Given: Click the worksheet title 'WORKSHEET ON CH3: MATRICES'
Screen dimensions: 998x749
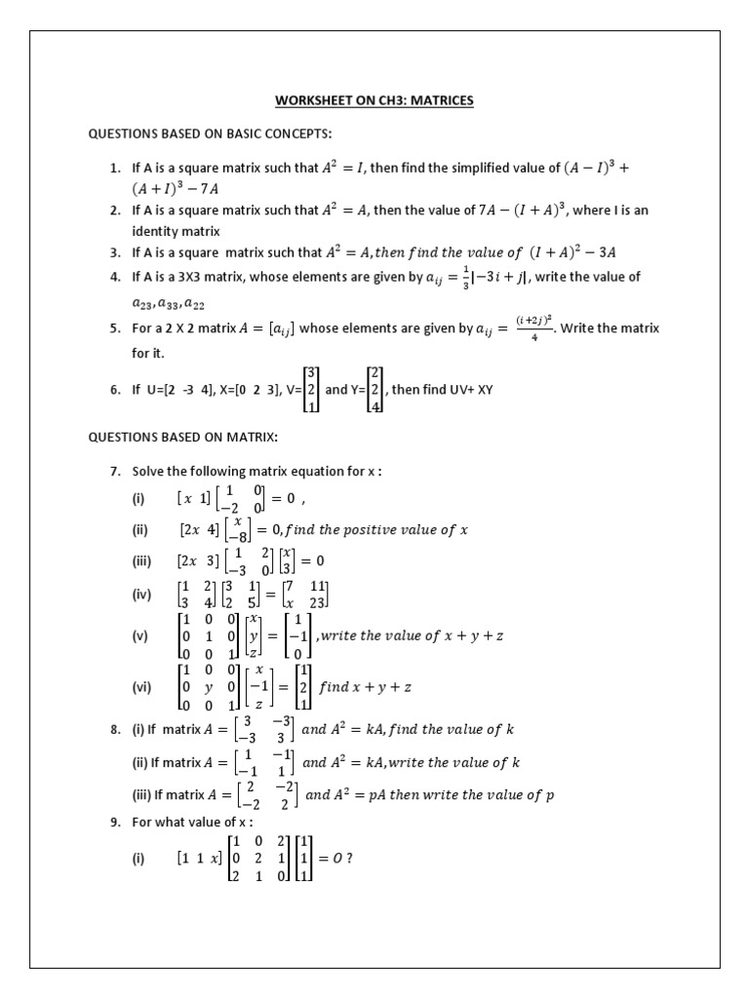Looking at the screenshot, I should (375, 100).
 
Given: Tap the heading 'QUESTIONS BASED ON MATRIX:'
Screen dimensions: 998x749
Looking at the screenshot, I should (183, 438).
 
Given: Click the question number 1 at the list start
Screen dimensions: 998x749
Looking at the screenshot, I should (115, 168).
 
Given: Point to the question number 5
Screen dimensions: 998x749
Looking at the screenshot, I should (115, 328).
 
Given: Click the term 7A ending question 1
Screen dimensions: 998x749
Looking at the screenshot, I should (239, 188).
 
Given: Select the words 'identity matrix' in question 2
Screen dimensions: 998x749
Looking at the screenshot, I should (177, 231).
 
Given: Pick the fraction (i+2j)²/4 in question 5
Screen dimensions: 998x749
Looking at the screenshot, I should (534, 328).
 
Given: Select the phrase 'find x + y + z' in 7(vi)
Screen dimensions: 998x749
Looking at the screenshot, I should (366, 687).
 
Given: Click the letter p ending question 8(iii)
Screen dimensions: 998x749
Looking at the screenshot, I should (550, 794).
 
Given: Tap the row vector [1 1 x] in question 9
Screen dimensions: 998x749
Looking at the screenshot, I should (199, 858).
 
